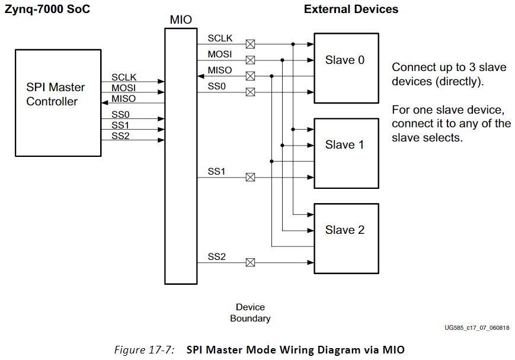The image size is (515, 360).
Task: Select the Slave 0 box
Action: click(346, 67)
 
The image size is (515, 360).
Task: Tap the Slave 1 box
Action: click(346, 153)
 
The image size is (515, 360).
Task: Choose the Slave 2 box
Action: click(346, 238)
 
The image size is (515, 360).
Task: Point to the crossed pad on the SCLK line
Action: click(251, 44)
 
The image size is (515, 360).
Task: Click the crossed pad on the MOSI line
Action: click(251, 60)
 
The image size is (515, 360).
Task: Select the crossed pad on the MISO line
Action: click(251, 76)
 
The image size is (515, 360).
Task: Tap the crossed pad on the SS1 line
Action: click(251, 177)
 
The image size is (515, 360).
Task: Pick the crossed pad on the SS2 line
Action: click(251, 262)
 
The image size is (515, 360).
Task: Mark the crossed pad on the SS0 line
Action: click(251, 92)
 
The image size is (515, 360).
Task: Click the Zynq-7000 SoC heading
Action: click(47, 9)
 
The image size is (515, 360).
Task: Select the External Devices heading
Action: click(351, 9)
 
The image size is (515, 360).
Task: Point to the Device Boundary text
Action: click(250, 313)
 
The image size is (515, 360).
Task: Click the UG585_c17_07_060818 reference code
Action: click(477, 327)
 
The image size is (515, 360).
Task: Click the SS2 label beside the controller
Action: click(120, 136)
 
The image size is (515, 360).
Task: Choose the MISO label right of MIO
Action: click(219, 70)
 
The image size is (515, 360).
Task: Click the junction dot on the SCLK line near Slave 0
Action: click(293, 44)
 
